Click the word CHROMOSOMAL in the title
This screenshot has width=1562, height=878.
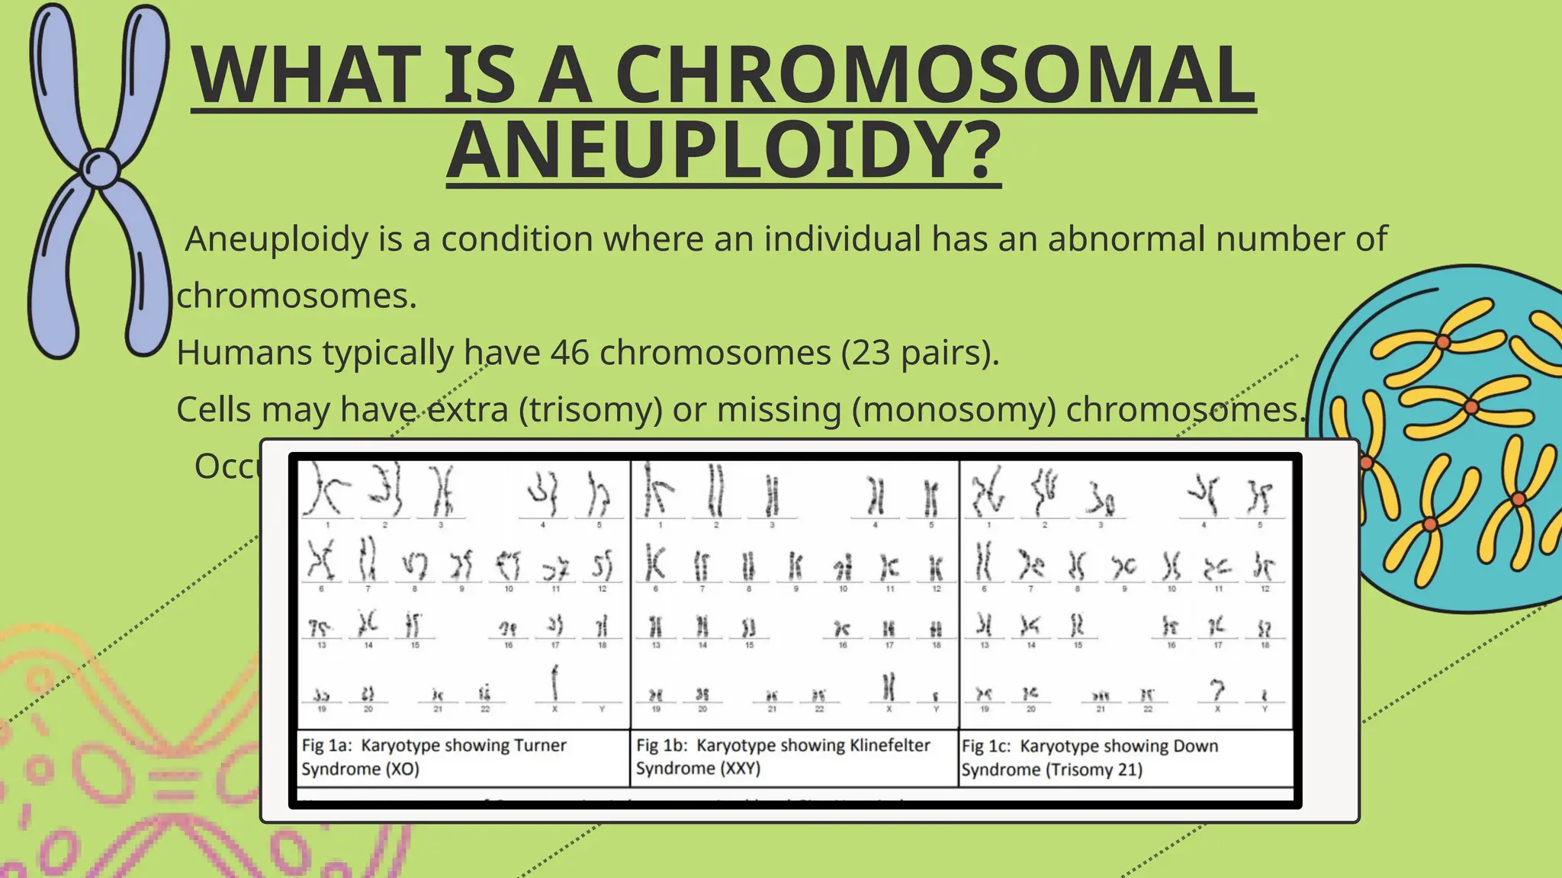(935, 75)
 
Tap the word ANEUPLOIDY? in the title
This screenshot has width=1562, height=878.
(723, 149)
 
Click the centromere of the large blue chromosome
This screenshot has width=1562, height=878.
(100, 167)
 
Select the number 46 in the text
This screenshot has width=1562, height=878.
(570, 353)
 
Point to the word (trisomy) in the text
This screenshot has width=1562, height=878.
(590, 409)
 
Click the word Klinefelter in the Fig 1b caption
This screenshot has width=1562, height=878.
(889, 745)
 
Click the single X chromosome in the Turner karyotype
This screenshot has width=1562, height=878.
(554, 682)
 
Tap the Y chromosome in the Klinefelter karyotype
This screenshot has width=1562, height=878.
(936, 697)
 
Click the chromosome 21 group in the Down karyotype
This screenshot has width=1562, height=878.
(1100, 696)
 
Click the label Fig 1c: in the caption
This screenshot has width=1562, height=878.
(986, 746)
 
